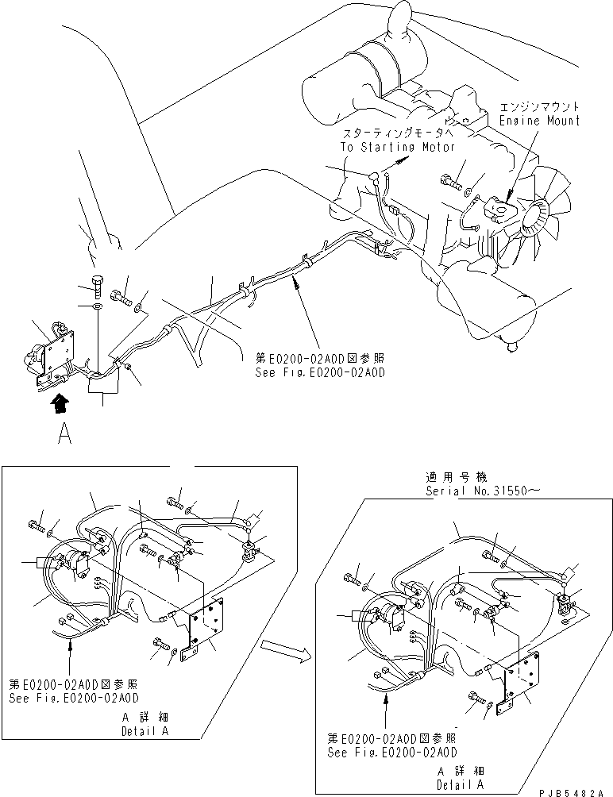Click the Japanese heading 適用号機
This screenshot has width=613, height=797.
tap(450, 479)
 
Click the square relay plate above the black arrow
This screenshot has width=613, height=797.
tap(56, 349)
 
